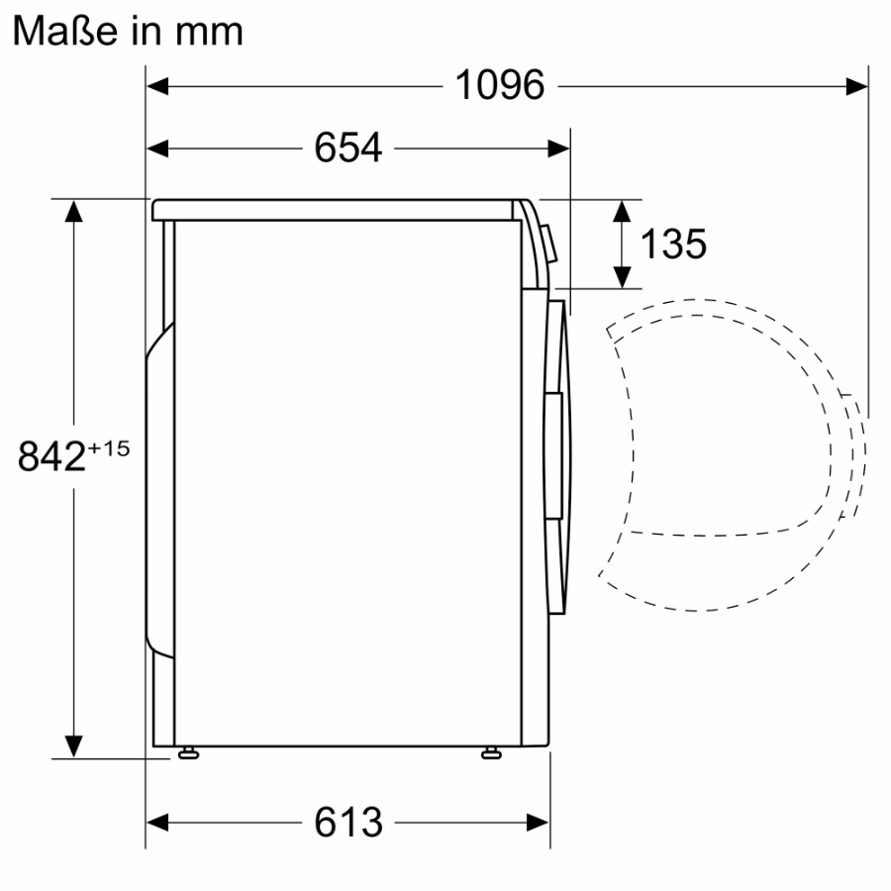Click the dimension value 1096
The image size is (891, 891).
click(500, 86)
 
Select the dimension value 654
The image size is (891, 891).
click(347, 148)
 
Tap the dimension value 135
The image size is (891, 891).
click(673, 244)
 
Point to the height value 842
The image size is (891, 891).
click(51, 457)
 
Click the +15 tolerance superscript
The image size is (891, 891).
click(109, 448)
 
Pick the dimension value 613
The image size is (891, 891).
click(347, 822)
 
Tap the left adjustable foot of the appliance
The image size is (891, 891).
click(187, 754)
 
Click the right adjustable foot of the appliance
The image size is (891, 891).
click(490, 754)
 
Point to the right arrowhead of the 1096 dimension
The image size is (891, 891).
click(857, 86)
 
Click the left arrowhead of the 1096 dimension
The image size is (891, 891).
click(158, 86)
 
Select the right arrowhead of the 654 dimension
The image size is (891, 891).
click(559, 148)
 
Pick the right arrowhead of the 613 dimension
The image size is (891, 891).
click(539, 822)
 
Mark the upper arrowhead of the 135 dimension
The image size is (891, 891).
click(622, 210)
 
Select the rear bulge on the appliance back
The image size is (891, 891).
click(156, 485)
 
